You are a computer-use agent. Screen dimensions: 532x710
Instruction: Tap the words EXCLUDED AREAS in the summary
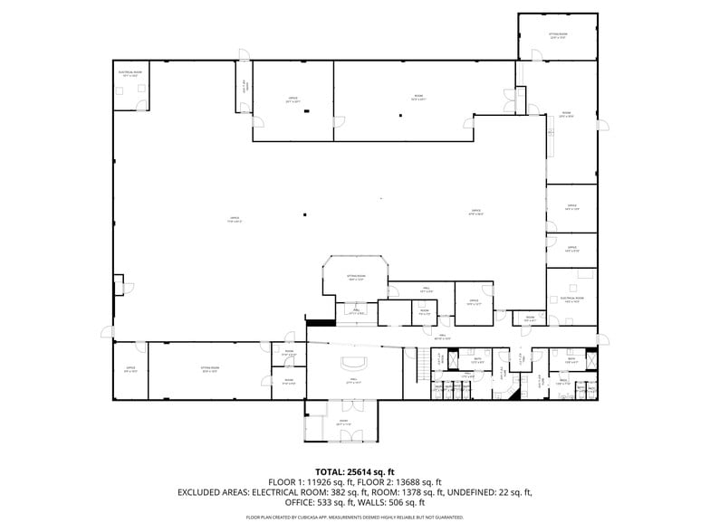point(218,492)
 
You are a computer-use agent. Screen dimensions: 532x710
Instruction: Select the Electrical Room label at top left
point(128,73)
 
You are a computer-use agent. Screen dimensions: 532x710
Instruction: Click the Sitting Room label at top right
point(557,35)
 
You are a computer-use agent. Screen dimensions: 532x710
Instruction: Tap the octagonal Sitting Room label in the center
point(356,277)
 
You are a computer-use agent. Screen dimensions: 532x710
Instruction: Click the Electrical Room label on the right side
point(571,299)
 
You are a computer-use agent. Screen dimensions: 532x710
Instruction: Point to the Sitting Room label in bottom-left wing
point(210,368)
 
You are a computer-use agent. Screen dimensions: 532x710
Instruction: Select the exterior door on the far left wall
point(108,332)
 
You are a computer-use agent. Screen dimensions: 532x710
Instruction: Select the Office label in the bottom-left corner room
point(130,369)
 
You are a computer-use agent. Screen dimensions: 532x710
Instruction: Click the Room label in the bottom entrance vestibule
point(344,422)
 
